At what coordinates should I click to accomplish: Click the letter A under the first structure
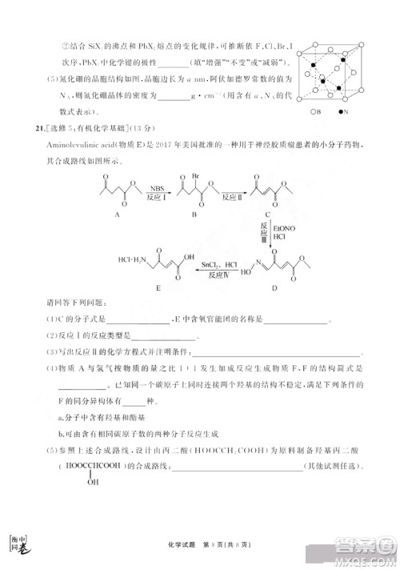(x=118, y=215)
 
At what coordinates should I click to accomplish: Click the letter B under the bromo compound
(x=198, y=215)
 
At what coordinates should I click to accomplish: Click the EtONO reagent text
(x=283, y=227)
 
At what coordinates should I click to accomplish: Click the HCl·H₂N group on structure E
(x=131, y=260)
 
